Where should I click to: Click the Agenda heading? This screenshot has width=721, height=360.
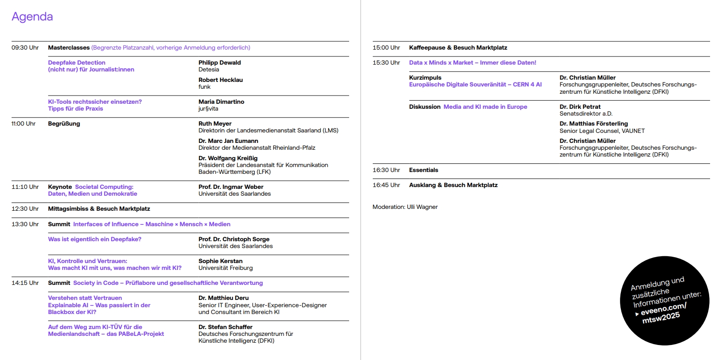[32, 17]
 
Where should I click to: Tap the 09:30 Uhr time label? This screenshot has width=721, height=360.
[25, 48]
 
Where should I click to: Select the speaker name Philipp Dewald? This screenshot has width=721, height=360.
[219, 63]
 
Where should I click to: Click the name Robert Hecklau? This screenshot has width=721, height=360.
[220, 80]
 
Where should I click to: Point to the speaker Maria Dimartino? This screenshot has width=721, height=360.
[221, 102]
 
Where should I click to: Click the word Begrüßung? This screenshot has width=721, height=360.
[64, 124]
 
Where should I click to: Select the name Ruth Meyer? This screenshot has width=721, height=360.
[215, 124]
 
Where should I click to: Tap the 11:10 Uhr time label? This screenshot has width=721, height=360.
[25, 187]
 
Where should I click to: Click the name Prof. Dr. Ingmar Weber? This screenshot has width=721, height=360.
[231, 187]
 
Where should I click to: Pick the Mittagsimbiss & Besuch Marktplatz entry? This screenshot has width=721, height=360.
[99, 209]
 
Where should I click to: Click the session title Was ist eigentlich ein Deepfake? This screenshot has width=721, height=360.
[95, 239]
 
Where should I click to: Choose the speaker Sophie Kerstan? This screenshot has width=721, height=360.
[220, 261]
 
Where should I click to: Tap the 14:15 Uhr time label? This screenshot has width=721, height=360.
[25, 283]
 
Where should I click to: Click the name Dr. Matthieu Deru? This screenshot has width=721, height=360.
[223, 298]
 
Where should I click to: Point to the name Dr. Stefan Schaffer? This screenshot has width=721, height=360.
[225, 327]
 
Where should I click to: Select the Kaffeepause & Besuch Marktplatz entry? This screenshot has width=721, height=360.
[458, 48]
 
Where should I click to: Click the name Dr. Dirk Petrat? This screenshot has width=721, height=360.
[580, 107]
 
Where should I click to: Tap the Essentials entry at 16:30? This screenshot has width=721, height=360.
[423, 170]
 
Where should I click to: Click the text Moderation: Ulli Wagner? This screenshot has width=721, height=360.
[405, 207]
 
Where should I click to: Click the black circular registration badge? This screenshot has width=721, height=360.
[664, 301]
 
